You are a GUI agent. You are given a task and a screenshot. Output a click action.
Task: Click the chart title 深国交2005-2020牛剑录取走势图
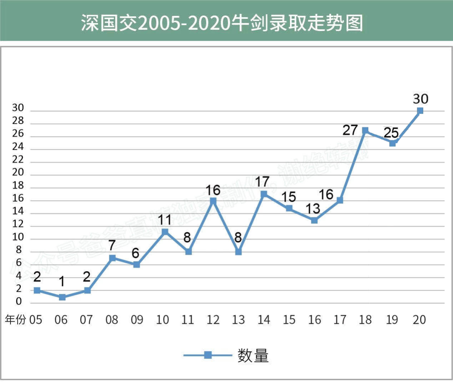click(x=222, y=24)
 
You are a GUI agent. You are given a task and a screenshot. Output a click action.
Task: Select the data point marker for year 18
click(x=365, y=130)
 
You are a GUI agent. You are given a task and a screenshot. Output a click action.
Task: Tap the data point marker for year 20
click(x=420, y=111)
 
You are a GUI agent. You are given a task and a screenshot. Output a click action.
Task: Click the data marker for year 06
click(x=62, y=297)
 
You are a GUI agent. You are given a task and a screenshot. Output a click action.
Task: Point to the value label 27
click(x=350, y=130)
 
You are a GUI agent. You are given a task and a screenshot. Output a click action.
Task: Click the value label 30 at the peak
click(x=420, y=99)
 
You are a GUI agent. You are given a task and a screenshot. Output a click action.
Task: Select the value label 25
click(x=391, y=133)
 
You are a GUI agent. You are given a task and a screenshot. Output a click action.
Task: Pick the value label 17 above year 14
click(x=263, y=182)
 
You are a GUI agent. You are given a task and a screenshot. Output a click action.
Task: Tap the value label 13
click(x=313, y=208)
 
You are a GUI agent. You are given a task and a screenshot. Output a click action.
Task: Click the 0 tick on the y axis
click(x=19, y=302)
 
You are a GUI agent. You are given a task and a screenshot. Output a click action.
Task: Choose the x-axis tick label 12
click(x=213, y=320)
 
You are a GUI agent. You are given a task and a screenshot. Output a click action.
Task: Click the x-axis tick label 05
click(x=36, y=320)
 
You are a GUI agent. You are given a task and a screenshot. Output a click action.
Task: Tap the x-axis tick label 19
click(x=392, y=320)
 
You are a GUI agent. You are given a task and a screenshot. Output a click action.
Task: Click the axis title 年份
click(x=15, y=320)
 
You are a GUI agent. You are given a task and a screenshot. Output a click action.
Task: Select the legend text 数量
click(x=253, y=355)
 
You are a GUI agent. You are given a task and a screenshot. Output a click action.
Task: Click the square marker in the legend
click(x=208, y=355)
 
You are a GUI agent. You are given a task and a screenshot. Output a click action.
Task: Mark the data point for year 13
click(x=238, y=252)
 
